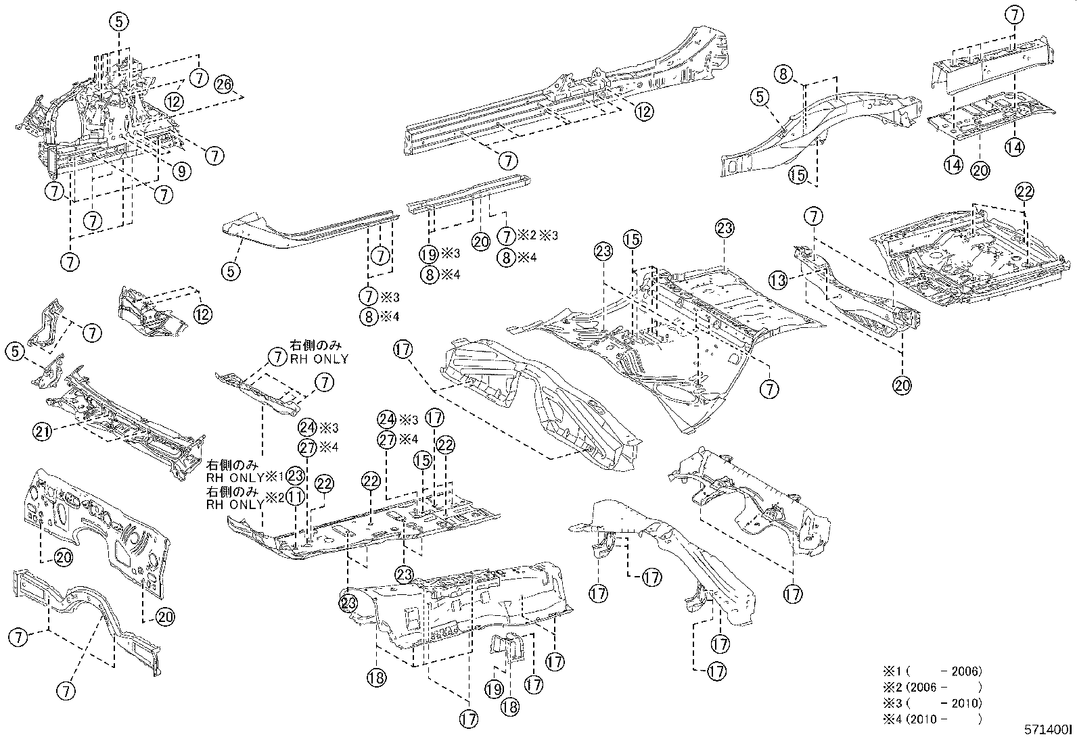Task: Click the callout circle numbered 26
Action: point(224,85)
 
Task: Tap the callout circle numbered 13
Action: point(778,280)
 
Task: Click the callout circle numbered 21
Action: point(43,431)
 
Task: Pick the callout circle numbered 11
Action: point(295,496)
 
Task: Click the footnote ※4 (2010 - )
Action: point(932,719)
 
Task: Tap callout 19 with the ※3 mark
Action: point(428,255)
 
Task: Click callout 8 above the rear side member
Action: point(783,74)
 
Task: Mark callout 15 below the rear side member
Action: point(798,175)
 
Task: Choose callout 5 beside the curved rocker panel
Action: point(231,272)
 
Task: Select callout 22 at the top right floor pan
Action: point(1025,192)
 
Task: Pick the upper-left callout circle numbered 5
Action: point(119,22)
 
